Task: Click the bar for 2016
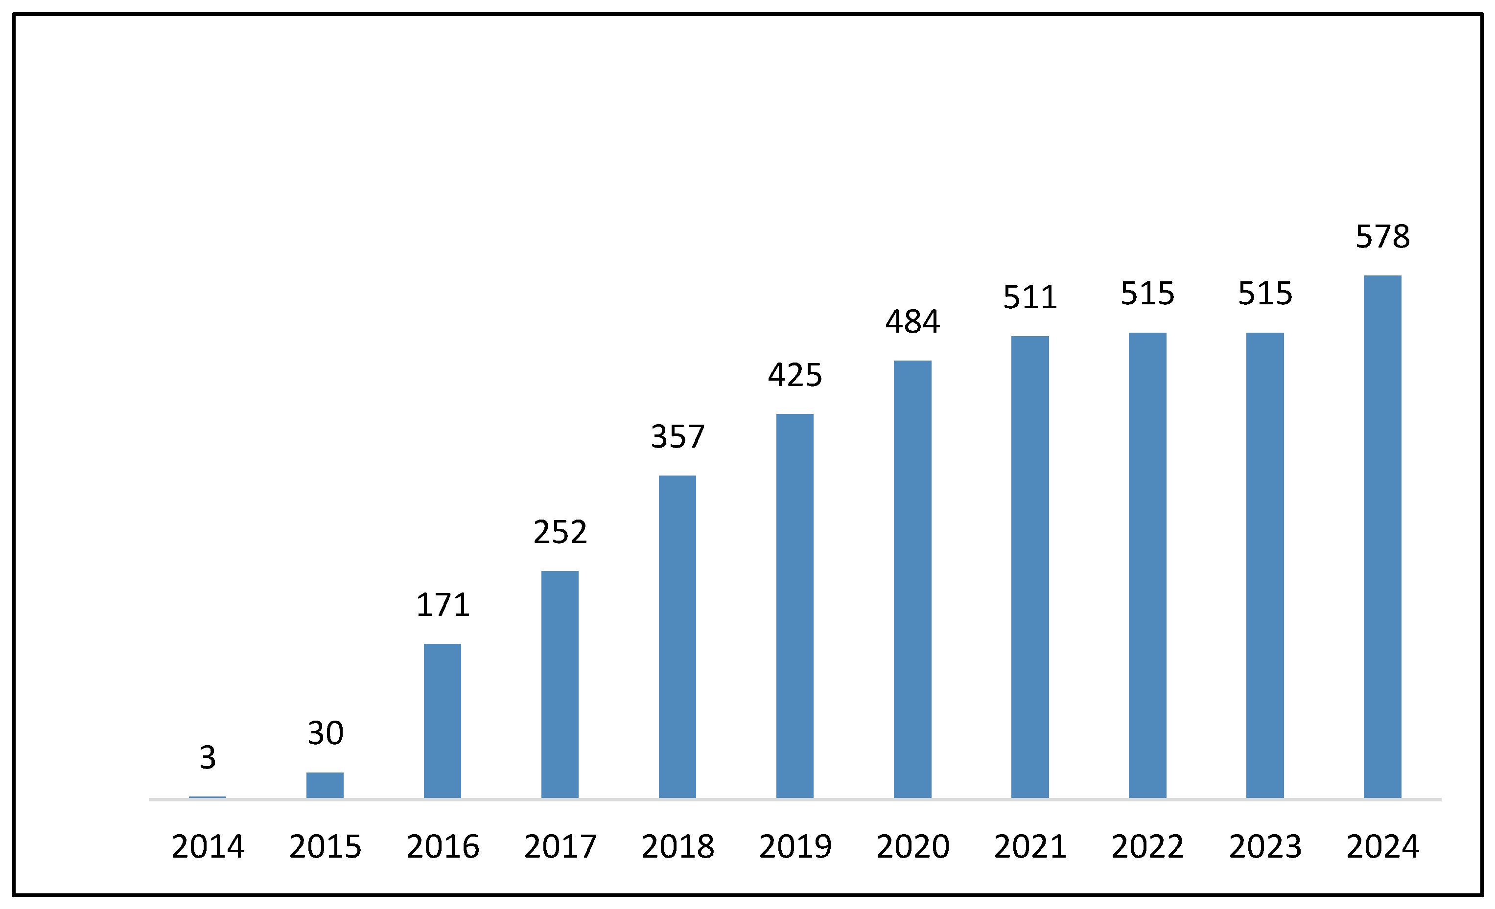[x=443, y=721]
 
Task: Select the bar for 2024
[x=1383, y=537]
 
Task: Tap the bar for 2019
[x=795, y=606]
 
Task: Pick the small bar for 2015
[x=325, y=785]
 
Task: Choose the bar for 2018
[x=677, y=636]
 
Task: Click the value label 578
[x=1383, y=236]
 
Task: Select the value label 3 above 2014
[x=208, y=757]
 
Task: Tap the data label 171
[x=443, y=605]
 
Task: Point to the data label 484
[x=912, y=321]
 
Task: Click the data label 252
[x=560, y=532]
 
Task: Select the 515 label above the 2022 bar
[x=1147, y=294]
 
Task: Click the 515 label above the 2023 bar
[x=1265, y=294]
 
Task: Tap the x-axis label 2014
[x=208, y=846]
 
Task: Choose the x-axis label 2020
[x=912, y=846]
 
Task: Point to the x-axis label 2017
[x=560, y=846]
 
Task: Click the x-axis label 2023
[x=1265, y=846]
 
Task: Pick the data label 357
[x=677, y=436]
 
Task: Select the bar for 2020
[x=912, y=579]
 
